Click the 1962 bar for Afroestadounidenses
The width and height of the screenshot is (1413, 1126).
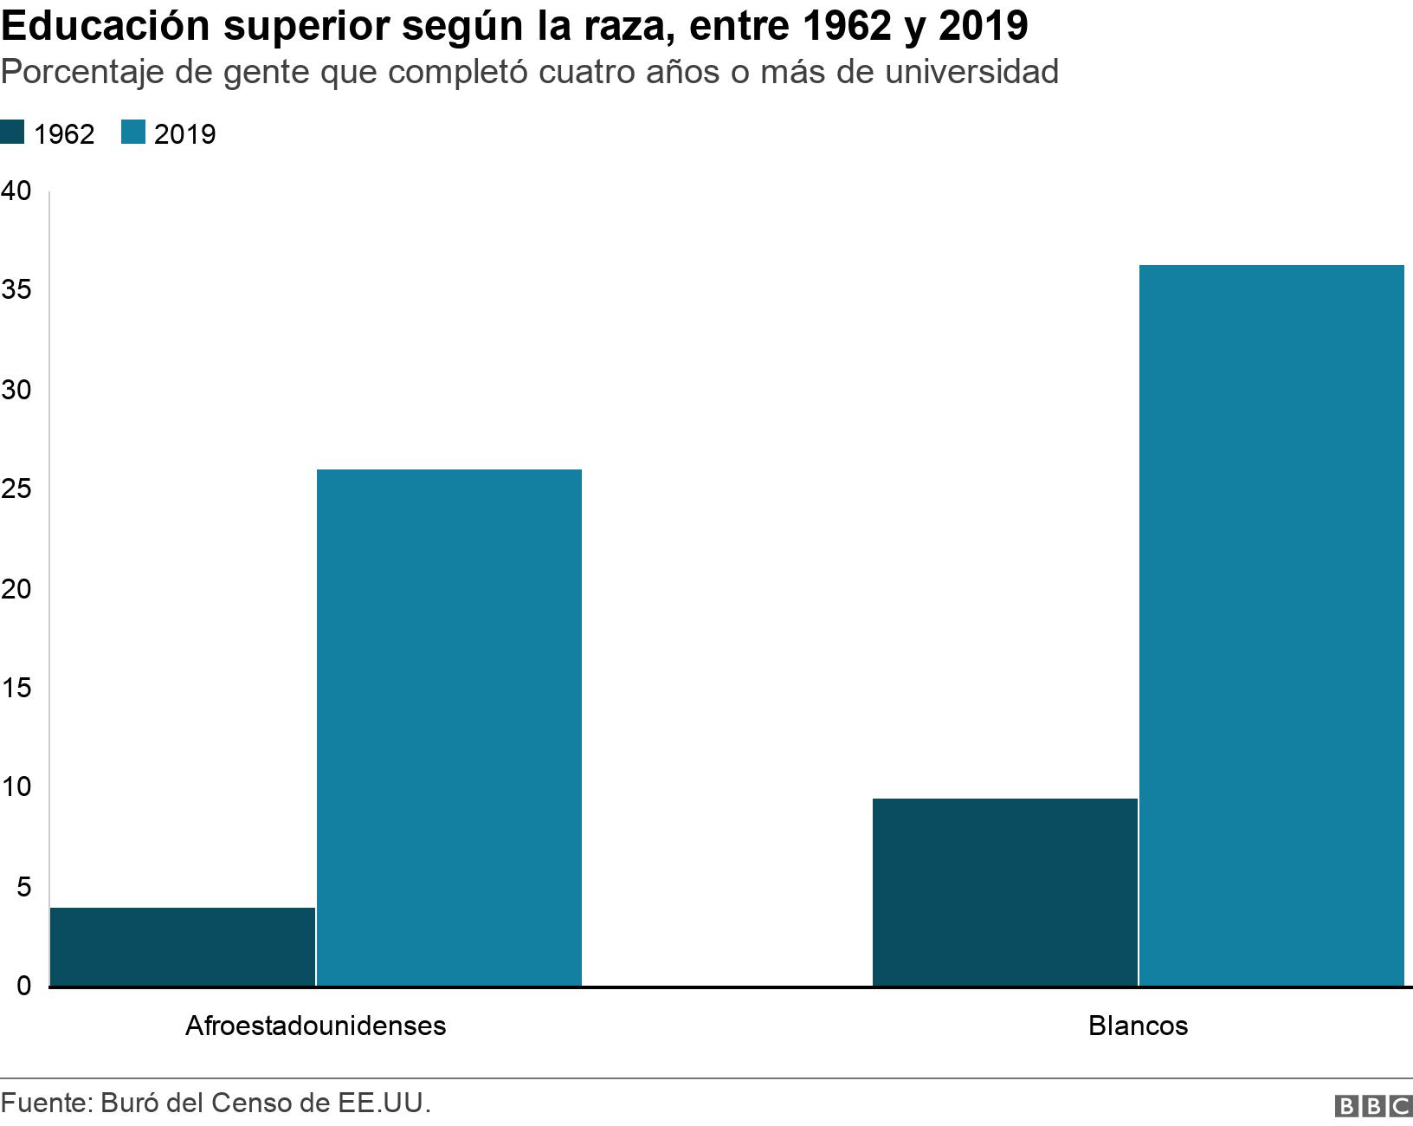click(x=183, y=946)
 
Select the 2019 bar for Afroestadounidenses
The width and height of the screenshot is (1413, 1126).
click(x=449, y=727)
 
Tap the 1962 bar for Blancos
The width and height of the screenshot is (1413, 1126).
click(x=1004, y=891)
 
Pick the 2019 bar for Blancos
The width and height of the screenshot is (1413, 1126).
click(x=1271, y=624)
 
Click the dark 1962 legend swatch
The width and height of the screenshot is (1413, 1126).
click(x=12, y=133)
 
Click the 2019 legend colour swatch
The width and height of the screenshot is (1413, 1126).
click(x=133, y=133)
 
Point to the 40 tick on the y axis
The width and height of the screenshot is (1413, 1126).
click(x=16, y=191)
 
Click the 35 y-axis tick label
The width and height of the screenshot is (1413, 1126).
click(x=16, y=290)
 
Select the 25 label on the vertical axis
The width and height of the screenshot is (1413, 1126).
click(x=16, y=489)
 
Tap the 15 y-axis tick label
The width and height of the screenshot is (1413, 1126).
click(x=16, y=688)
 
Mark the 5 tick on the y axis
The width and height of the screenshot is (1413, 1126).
click(x=23, y=886)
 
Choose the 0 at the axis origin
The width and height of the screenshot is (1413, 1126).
click(x=23, y=986)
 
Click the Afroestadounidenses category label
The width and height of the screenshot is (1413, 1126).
click(x=316, y=1026)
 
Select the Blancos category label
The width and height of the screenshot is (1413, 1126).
click(x=1138, y=1026)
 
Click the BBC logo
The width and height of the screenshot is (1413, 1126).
click(x=1373, y=1106)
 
